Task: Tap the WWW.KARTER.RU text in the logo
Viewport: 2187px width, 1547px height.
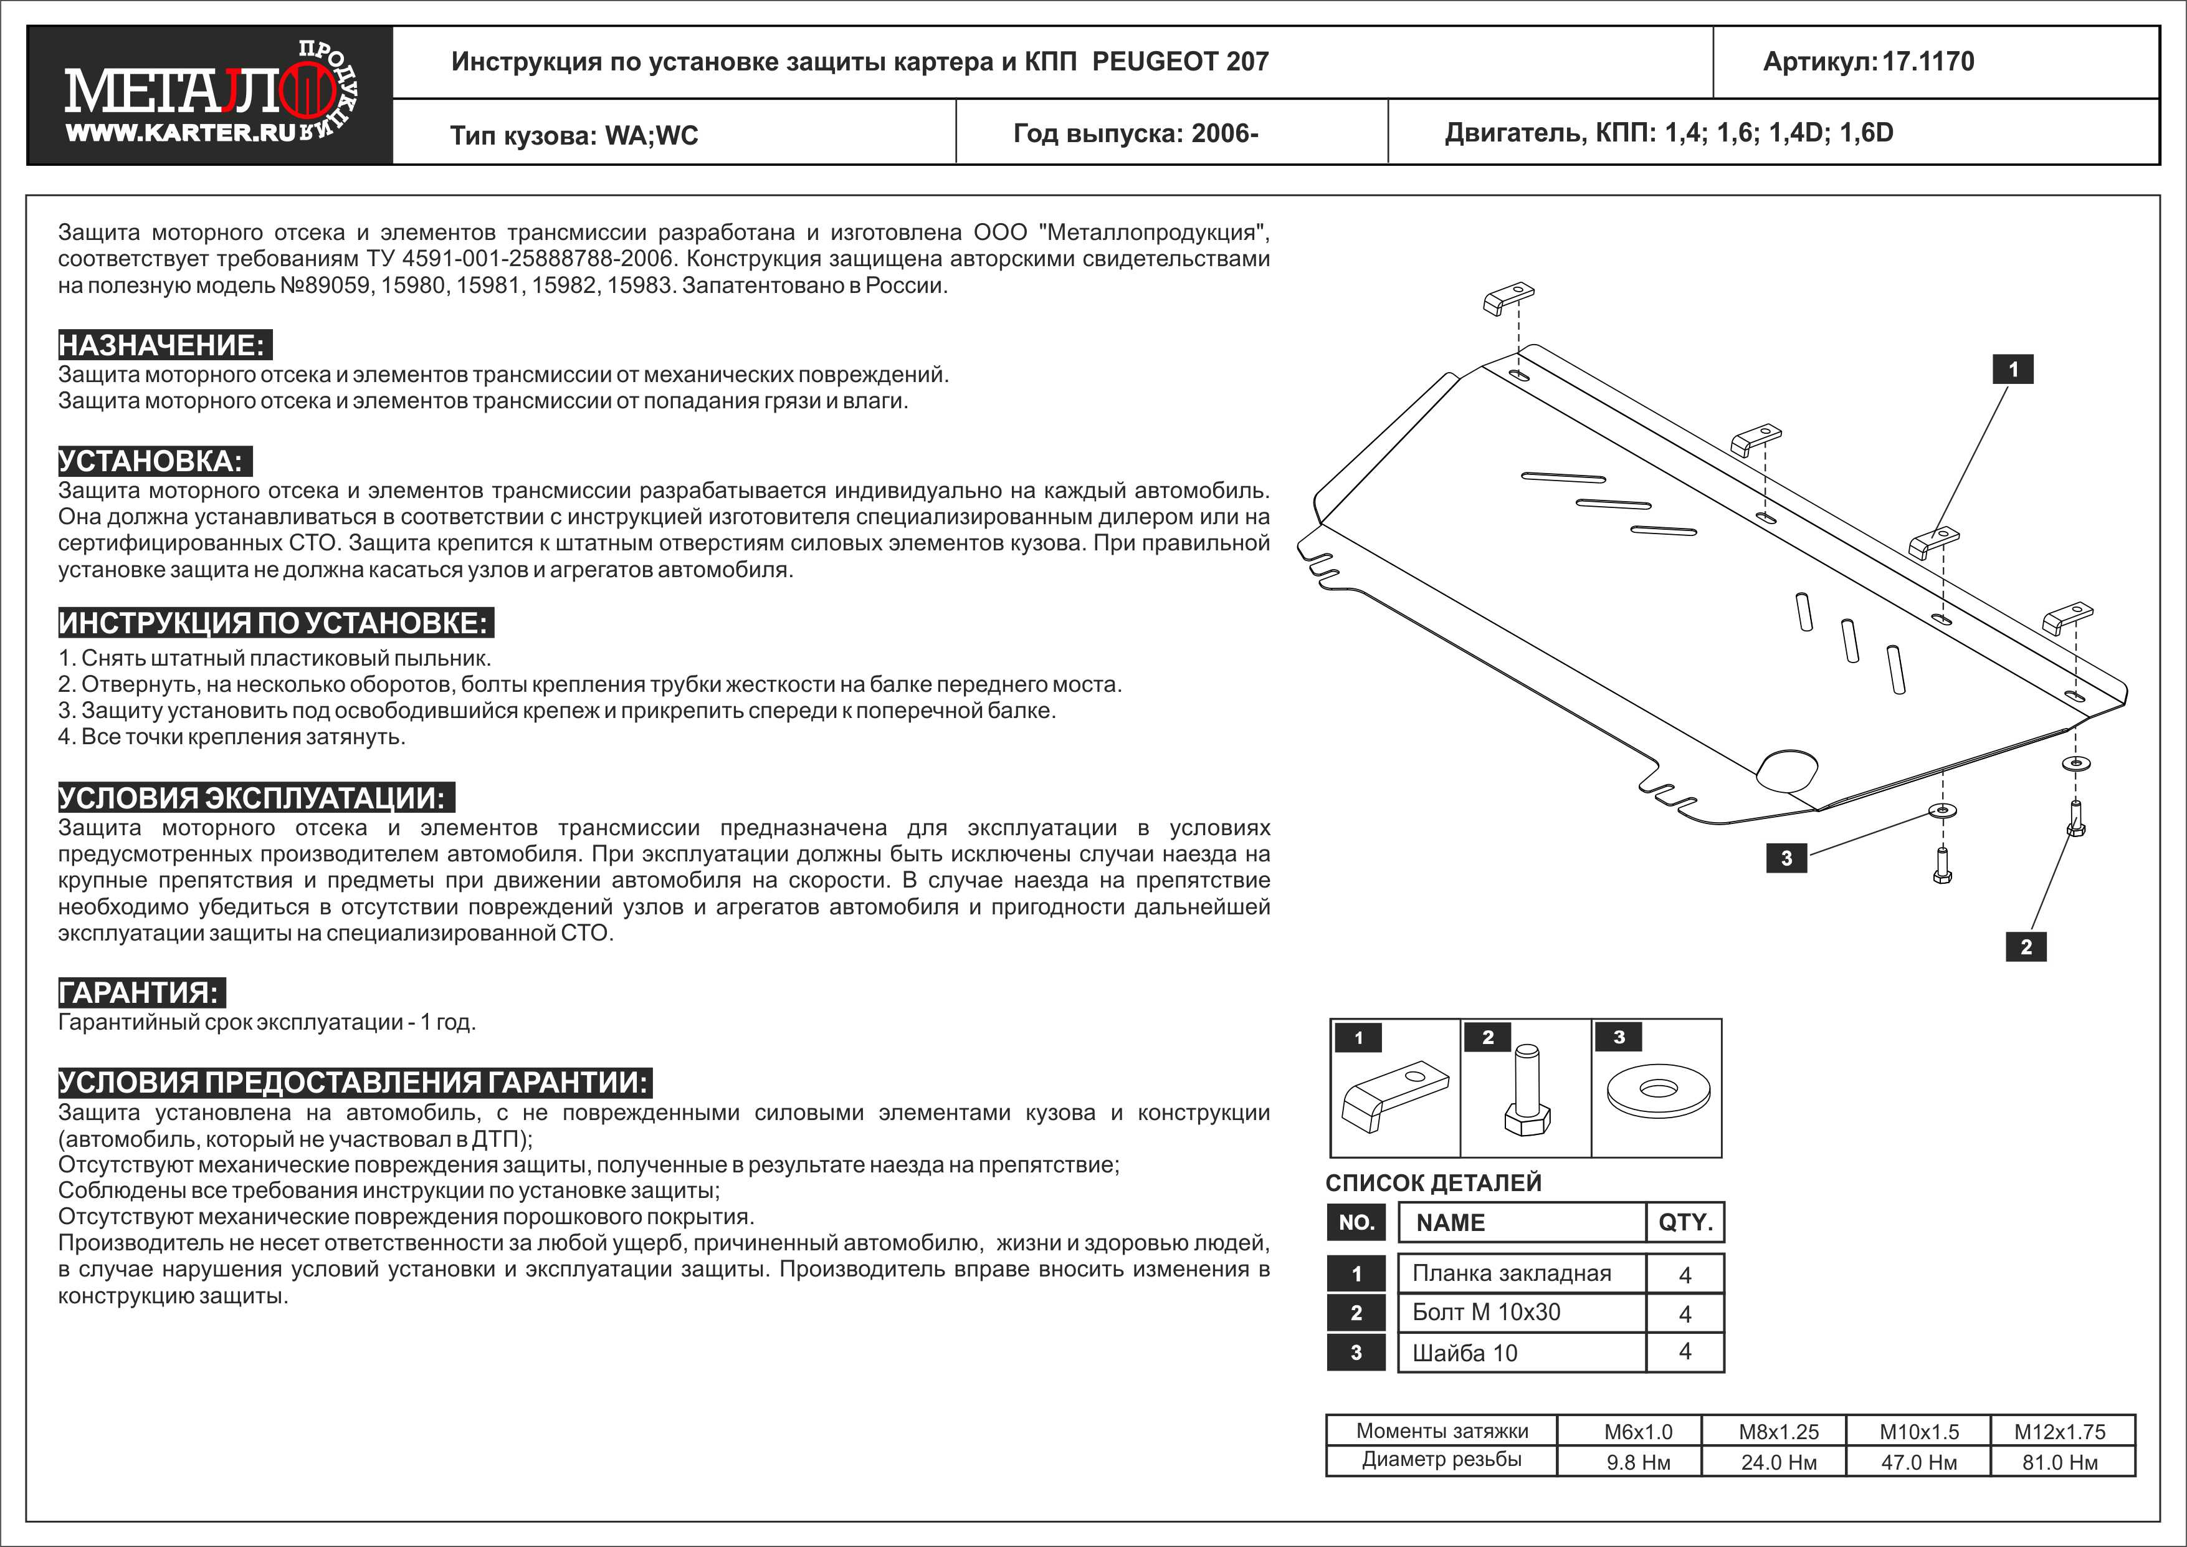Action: (x=181, y=132)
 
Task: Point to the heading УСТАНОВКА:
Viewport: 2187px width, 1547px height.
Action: (x=153, y=461)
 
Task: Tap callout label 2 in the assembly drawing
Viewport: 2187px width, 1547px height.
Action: (x=2026, y=947)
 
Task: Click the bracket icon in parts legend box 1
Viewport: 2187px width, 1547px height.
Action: (x=1394, y=1098)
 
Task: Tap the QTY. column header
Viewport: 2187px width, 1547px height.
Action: (x=1685, y=1223)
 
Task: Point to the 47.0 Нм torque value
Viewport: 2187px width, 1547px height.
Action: (x=1918, y=1462)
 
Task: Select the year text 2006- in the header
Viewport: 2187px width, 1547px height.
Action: (x=1225, y=133)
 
